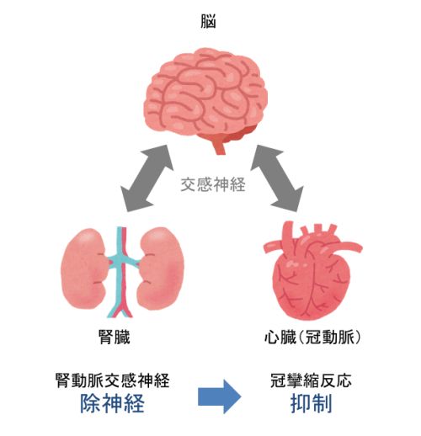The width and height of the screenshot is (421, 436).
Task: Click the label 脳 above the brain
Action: point(208,21)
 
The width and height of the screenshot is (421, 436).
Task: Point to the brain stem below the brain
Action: point(219,146)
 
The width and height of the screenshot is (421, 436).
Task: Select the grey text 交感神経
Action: point(213,184)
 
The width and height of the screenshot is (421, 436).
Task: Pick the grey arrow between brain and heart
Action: point(277,178)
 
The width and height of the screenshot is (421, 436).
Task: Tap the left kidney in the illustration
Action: point(83,269)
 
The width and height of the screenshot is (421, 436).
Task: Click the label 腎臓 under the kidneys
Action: point(115,337)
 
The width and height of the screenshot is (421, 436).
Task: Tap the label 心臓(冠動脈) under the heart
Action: point(312,337)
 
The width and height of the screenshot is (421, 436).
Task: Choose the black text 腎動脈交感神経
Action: point(113,380)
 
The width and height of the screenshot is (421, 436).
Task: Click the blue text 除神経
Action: point(113,403)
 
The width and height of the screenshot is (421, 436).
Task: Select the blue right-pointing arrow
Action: point(220,396)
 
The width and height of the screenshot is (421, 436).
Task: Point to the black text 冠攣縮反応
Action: point(311,380)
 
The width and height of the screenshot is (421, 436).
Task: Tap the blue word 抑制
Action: point(311,403)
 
